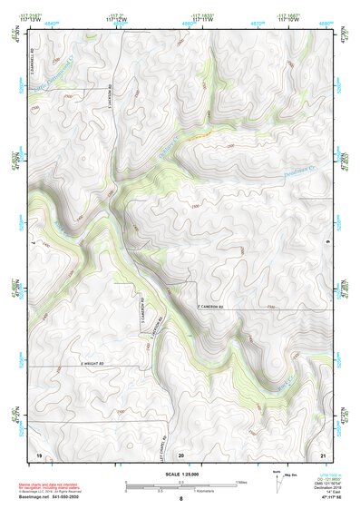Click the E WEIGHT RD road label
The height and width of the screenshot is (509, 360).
point(94,365)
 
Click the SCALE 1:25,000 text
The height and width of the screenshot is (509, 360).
point(180,474)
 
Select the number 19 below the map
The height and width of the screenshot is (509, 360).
point(39,453)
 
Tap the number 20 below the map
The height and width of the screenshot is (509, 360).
point(181,453)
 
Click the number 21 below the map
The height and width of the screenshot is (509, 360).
point(324,453)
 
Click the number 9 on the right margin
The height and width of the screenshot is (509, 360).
point(327,244)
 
